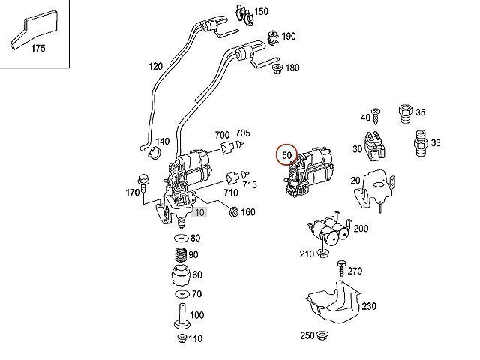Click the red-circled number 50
pyautogui.click(x=286, y=155)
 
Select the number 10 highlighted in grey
pyautogui.click(x=198, y=212)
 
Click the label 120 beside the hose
pyautogui.click(x=155, y=67)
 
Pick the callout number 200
pyautogui.click(x=361, y=228)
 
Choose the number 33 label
pyautogui.click(x=436, y=142)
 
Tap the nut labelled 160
pyautogui.click(x=234, y=211)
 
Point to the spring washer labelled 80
pyautogui.click(x=179, y=239)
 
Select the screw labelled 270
pyautogui.click(x=340, y=266)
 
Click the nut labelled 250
pyautogui.click(x=322, y=334)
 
